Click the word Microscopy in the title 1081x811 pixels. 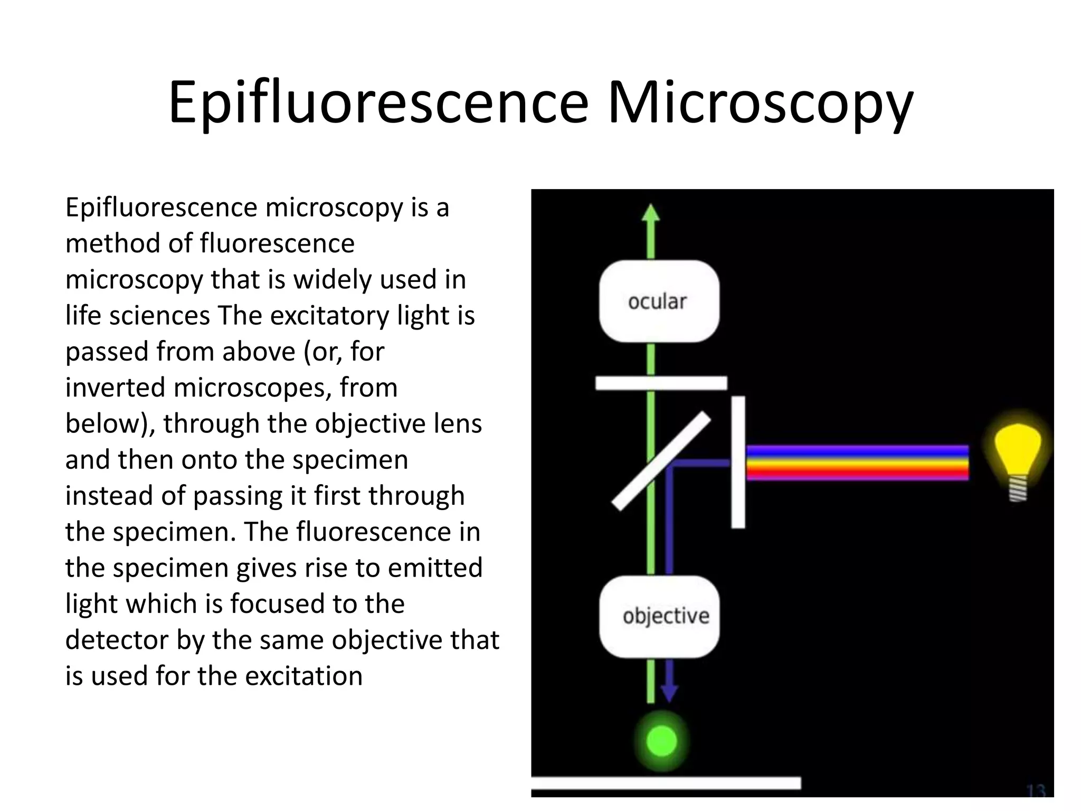(x=760, y=103)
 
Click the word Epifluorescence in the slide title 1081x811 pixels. (x=378, y=103)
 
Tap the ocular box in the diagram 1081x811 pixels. (x=659, y=301)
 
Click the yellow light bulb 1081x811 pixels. (x=1018, y=446)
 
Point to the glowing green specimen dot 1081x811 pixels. (x=661, y=740)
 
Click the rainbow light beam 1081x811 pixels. (x=857, y=463)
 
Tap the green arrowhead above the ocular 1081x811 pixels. (x=651, y=212)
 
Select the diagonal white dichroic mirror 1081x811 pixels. (x=661, y=461)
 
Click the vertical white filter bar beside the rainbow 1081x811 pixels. (x=738, y=462)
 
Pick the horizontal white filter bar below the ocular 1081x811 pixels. (x=661, y=383)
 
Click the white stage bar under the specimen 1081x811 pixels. (x=666, y=783)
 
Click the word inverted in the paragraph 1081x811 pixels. (x=115, y=388)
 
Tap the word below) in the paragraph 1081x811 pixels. (x=110, y=423)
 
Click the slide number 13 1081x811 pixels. (x=1037, y=791)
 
